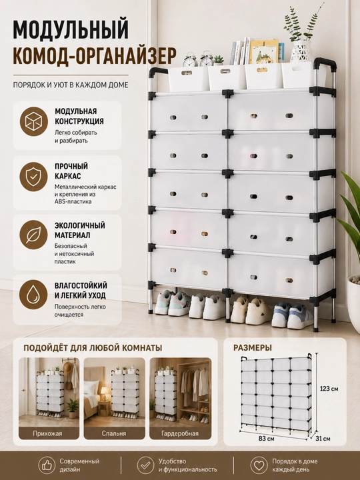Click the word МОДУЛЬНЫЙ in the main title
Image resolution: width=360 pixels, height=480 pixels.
(x=71, y=29)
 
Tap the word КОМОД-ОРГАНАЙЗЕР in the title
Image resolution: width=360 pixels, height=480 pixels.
(x=95, y=55)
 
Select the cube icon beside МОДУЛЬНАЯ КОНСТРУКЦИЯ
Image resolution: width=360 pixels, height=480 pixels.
(x=34, y=121)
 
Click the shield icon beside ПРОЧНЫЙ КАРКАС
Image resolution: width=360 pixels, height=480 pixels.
(x=34, y=177)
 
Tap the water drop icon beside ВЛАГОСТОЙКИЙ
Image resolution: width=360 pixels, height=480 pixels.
(x=33, y=295)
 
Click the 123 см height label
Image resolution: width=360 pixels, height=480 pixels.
(x=329, y=389)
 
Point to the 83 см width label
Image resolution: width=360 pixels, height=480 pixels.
(x=266, y=439)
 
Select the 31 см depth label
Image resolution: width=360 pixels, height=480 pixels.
(x=323, y=439)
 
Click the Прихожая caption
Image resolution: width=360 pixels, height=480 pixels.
(x=47, y=433)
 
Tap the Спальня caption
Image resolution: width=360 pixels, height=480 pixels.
(x=114, y=433)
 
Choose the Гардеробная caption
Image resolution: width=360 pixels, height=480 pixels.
(x=180, y=433)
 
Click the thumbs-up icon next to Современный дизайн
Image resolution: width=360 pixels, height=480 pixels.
(x=47, y=465)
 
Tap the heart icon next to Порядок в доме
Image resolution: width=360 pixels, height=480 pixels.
(x=259, y=465)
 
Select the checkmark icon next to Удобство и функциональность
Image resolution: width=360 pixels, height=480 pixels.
(x=145, y=465)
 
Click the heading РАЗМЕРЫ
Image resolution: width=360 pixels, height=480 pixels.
(x=253, y=348)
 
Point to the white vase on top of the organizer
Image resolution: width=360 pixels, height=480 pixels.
(x=301, y=51)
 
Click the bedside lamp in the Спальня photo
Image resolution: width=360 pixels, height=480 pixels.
(x=105, y=393)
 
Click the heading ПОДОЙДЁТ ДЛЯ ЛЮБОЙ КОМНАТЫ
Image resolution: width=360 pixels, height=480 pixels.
(x=93, y=348)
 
